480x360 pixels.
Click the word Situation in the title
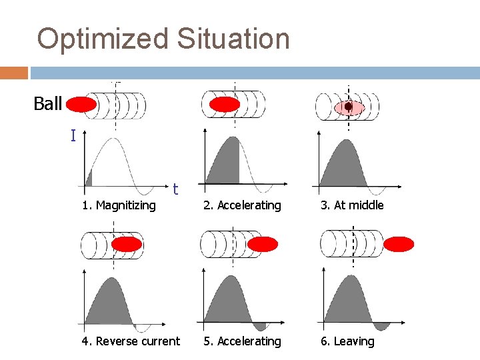click(233, 39)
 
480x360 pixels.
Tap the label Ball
click(48, 104)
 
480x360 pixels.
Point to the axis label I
click(73, 136)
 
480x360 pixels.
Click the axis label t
click(175, 189)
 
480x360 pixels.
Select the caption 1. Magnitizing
click(119, 205)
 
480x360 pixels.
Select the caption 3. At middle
click(352, 205)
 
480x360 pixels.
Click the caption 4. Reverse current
click(131, 341)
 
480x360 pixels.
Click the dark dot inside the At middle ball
click(348, 106)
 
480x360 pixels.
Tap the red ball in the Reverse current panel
click(127, 244)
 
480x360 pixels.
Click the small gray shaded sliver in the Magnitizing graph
click(89, 179)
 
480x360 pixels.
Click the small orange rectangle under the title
click(14, 73)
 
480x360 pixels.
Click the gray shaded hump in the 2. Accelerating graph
click(225, 163)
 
